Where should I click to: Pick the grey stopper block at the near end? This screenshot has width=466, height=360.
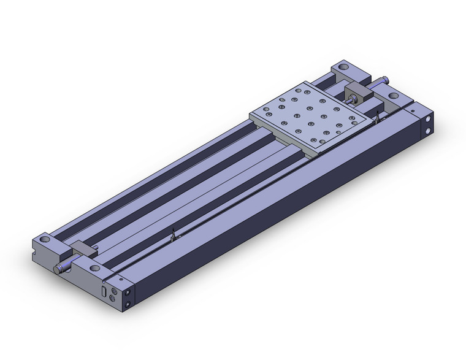(x=83, y=250)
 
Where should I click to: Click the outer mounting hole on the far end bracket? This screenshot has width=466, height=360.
(x=342, y=66)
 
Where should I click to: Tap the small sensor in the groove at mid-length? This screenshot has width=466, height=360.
(x=175, y=234)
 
